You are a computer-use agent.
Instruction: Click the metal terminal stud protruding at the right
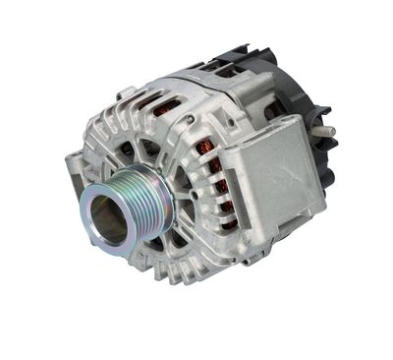(x=324, y=129)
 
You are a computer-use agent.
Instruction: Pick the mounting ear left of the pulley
(x=74, y=165)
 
